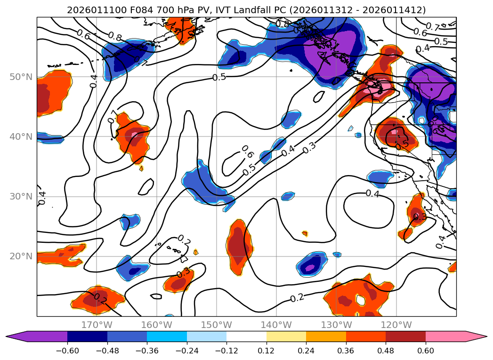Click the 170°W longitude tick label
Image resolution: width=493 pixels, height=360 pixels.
point(97,325)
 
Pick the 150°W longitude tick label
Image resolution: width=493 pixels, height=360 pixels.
point(217,325)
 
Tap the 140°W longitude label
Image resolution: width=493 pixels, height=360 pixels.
point(276,325)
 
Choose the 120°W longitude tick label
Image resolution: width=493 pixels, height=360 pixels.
point(396,325)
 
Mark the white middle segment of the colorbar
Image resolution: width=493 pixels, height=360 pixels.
point(246,336)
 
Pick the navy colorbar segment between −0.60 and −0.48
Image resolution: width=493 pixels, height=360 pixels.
point(87,336)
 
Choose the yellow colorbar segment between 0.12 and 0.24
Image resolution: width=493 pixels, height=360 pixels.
point(286,336)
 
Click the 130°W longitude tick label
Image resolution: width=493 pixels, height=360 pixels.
point(336,325)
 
